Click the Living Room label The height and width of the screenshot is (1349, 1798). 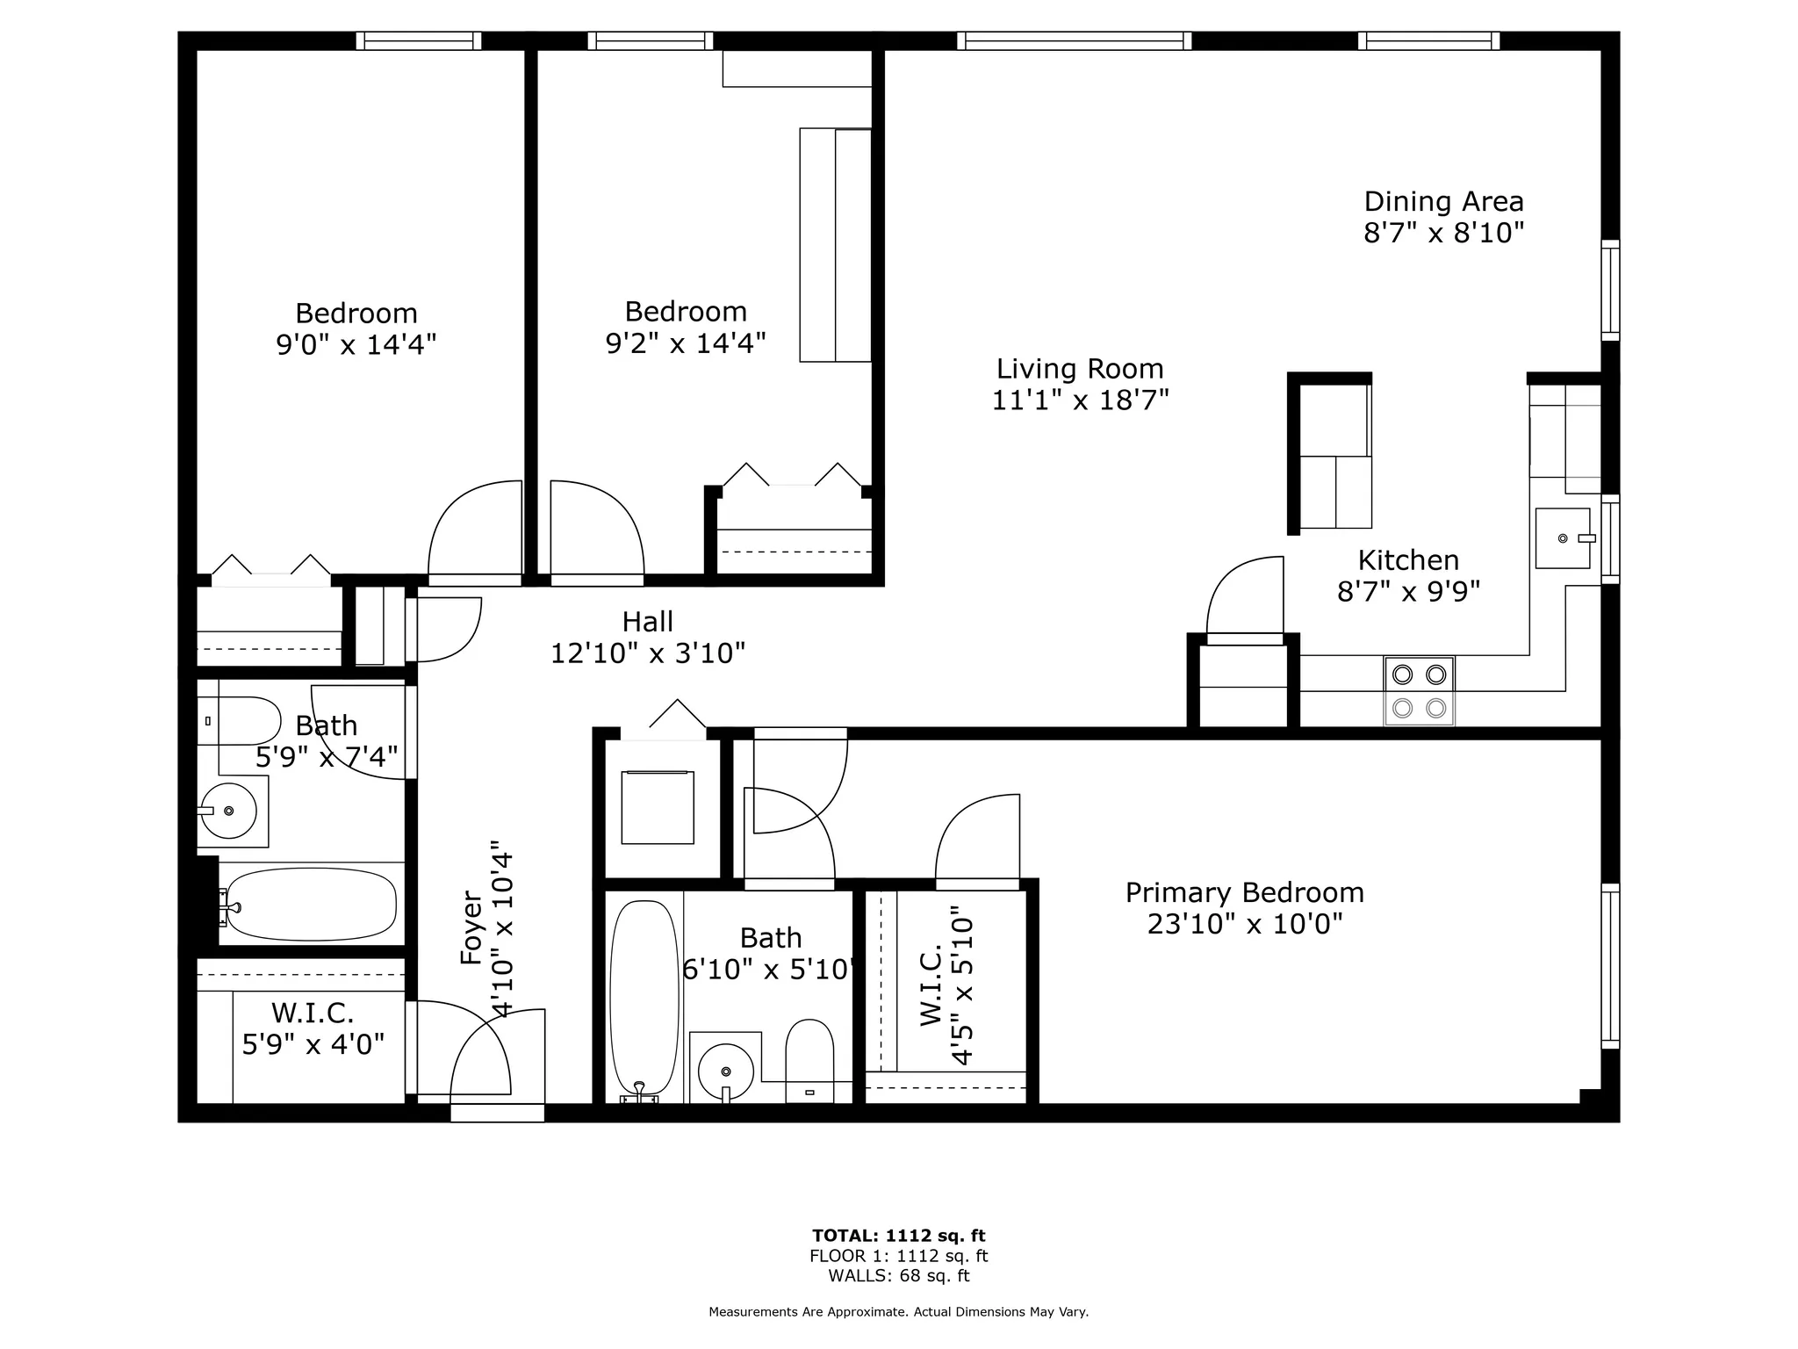click(1080, 369)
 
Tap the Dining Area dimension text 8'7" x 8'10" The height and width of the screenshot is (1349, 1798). click(1443, 233)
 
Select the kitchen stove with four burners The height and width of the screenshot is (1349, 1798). click(1419, 691)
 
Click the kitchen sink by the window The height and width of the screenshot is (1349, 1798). click(1563, 537)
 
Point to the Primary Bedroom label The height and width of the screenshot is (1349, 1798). click(1244, 892)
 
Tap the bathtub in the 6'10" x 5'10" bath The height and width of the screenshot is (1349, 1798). click(644, 999)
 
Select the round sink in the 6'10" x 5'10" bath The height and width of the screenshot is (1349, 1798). click(725, 1071)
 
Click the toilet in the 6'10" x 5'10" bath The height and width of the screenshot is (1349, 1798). click(809, 1060)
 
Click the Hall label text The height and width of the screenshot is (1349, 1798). click(648, 622)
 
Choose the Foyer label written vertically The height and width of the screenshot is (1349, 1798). click(472, 929)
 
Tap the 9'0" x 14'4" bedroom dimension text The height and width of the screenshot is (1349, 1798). click(356, 344)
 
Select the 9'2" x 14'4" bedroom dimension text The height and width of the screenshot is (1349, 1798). click(686, 343)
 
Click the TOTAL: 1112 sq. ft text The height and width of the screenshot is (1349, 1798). click(898, 1236)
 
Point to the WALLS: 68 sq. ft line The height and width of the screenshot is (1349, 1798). click(898, 1276)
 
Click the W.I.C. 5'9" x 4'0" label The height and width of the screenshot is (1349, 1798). click(313, 1028)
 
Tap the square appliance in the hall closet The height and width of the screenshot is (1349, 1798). click(658, 807)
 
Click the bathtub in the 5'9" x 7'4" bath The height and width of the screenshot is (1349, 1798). click(307, 905)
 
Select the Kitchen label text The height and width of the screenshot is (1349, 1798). click(1408, 559)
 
